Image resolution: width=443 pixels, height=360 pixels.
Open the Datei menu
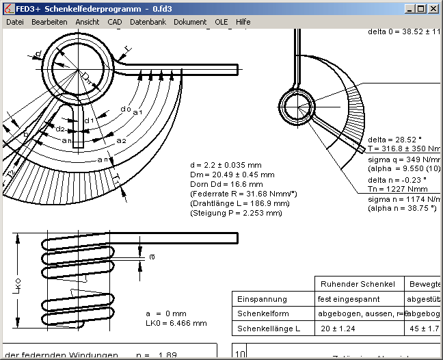click(14, 22)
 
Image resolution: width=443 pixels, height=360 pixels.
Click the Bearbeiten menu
click(49, 22)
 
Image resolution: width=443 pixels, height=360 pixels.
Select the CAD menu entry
click(115, 22)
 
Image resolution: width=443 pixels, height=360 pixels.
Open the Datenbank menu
click(148, 22)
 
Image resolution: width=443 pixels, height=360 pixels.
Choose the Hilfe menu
click(243, 22)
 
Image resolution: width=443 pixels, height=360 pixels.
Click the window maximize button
click(422, 9)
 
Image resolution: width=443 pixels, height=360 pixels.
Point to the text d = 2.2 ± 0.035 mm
click(226, 165)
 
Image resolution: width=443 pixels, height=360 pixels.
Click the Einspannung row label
click(262, 299)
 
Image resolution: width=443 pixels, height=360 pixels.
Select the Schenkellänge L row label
click(269, 329)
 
